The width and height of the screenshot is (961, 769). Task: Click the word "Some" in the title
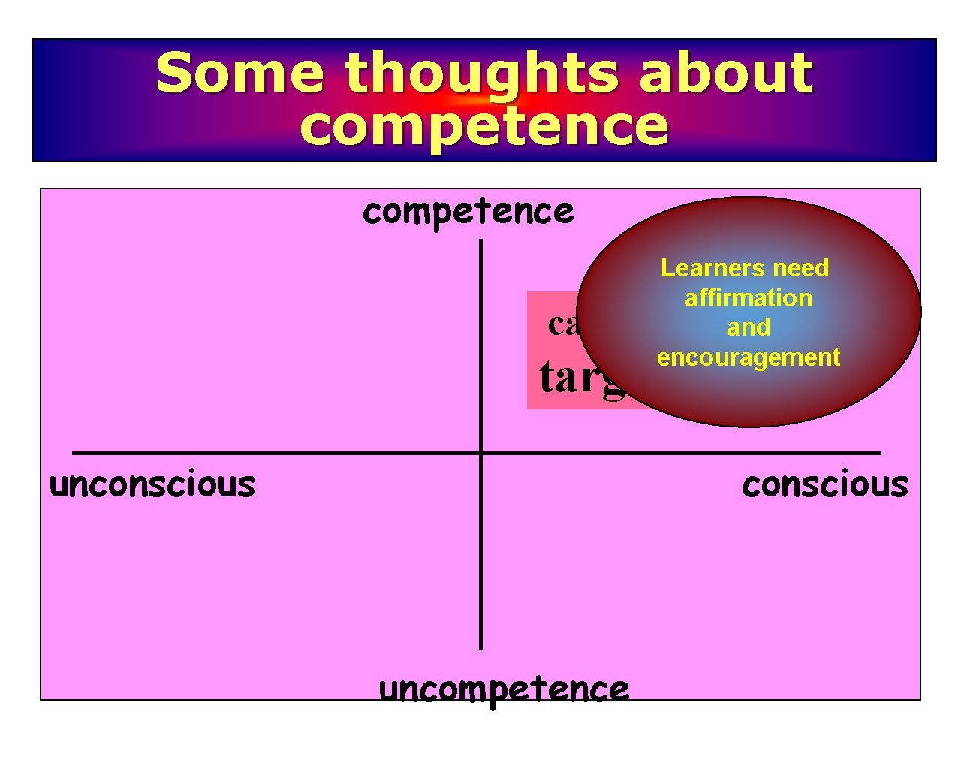coord(239,73)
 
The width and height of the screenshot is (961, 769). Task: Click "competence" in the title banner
coord(484,126)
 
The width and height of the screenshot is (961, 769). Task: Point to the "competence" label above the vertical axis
coord(468,212)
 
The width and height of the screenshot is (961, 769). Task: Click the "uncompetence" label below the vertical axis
coord(504,689)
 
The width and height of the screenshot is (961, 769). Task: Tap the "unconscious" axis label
coord(152,484)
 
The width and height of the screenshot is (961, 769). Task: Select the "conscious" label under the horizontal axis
coord(824,484)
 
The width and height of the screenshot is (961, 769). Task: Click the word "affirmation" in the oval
coord(748,298)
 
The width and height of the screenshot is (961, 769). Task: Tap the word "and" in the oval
coord(748,327)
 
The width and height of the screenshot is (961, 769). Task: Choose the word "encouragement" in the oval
coord(748,357)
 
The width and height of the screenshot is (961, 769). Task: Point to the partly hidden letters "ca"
coord(563,324)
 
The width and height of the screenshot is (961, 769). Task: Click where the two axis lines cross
coord(480,453)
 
